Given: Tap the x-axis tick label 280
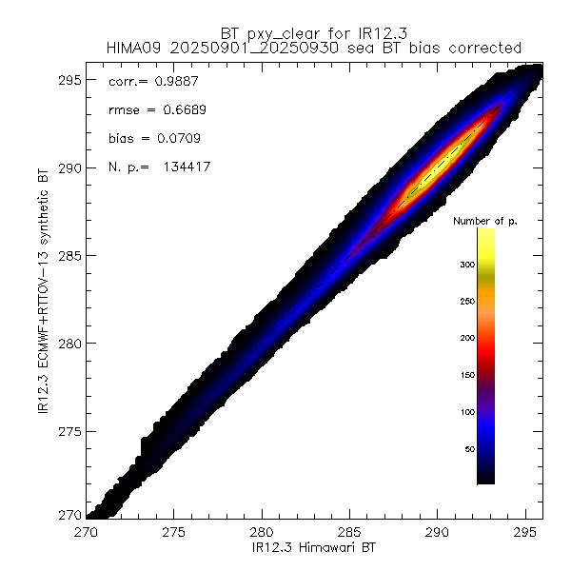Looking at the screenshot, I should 262,532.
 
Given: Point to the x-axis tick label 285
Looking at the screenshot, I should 349,532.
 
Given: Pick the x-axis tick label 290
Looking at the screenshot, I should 437,532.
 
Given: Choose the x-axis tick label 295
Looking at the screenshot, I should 524,532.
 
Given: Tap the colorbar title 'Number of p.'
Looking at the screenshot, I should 484,221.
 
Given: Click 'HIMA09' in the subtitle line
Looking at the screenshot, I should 138,47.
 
